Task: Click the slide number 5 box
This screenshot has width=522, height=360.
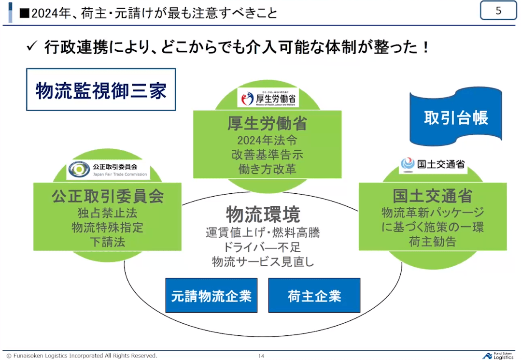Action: (x=498, y=11)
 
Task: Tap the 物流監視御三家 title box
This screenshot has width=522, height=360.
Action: (x=101, y=90)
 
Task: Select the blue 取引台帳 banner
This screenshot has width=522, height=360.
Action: (x=456, y=117)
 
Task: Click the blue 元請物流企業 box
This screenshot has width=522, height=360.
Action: (x=212, y=295)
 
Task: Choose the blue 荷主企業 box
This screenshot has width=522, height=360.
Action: (x=314, y=295)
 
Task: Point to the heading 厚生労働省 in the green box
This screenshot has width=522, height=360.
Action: (x=267, y=124)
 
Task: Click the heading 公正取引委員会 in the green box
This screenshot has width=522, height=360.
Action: (x=108, y=196)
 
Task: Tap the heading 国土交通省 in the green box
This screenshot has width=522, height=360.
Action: (x=432, y=196)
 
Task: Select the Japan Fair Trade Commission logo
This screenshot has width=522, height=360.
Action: (x=109, y=170)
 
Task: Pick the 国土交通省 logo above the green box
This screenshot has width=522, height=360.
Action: (x=433, y=164)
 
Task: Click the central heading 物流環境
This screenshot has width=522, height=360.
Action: (x=263, y=215)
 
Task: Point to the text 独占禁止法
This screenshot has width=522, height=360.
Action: (x=108, y=213)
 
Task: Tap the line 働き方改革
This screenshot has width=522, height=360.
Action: (x=267, y=169)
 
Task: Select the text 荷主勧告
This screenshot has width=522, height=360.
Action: (x=432, y=242)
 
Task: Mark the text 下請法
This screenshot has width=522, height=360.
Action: (x=108, y=242)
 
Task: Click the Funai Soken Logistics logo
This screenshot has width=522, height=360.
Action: (x=499, y=355)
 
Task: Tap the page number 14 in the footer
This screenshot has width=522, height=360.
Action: (x=261, y=356)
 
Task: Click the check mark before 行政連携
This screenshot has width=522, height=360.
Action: (x=32, y=47)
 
